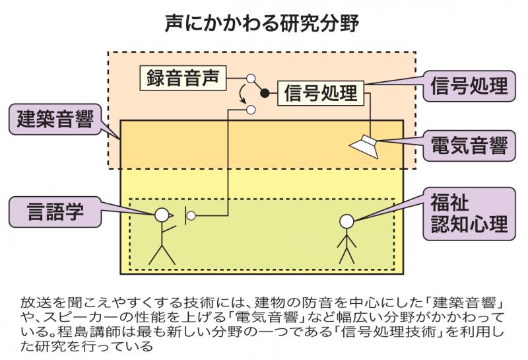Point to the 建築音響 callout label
click(x=54, y=120)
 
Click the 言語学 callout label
click(x=54, y=211)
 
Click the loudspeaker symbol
click(x=364, y=143)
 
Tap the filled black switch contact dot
click(x=264, y=93)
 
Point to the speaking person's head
click(x=162, y=215)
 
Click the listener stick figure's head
click(x=346, y=221)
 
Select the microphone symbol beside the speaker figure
click(x=189, y=215)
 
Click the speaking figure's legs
click(x=162, y=254)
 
